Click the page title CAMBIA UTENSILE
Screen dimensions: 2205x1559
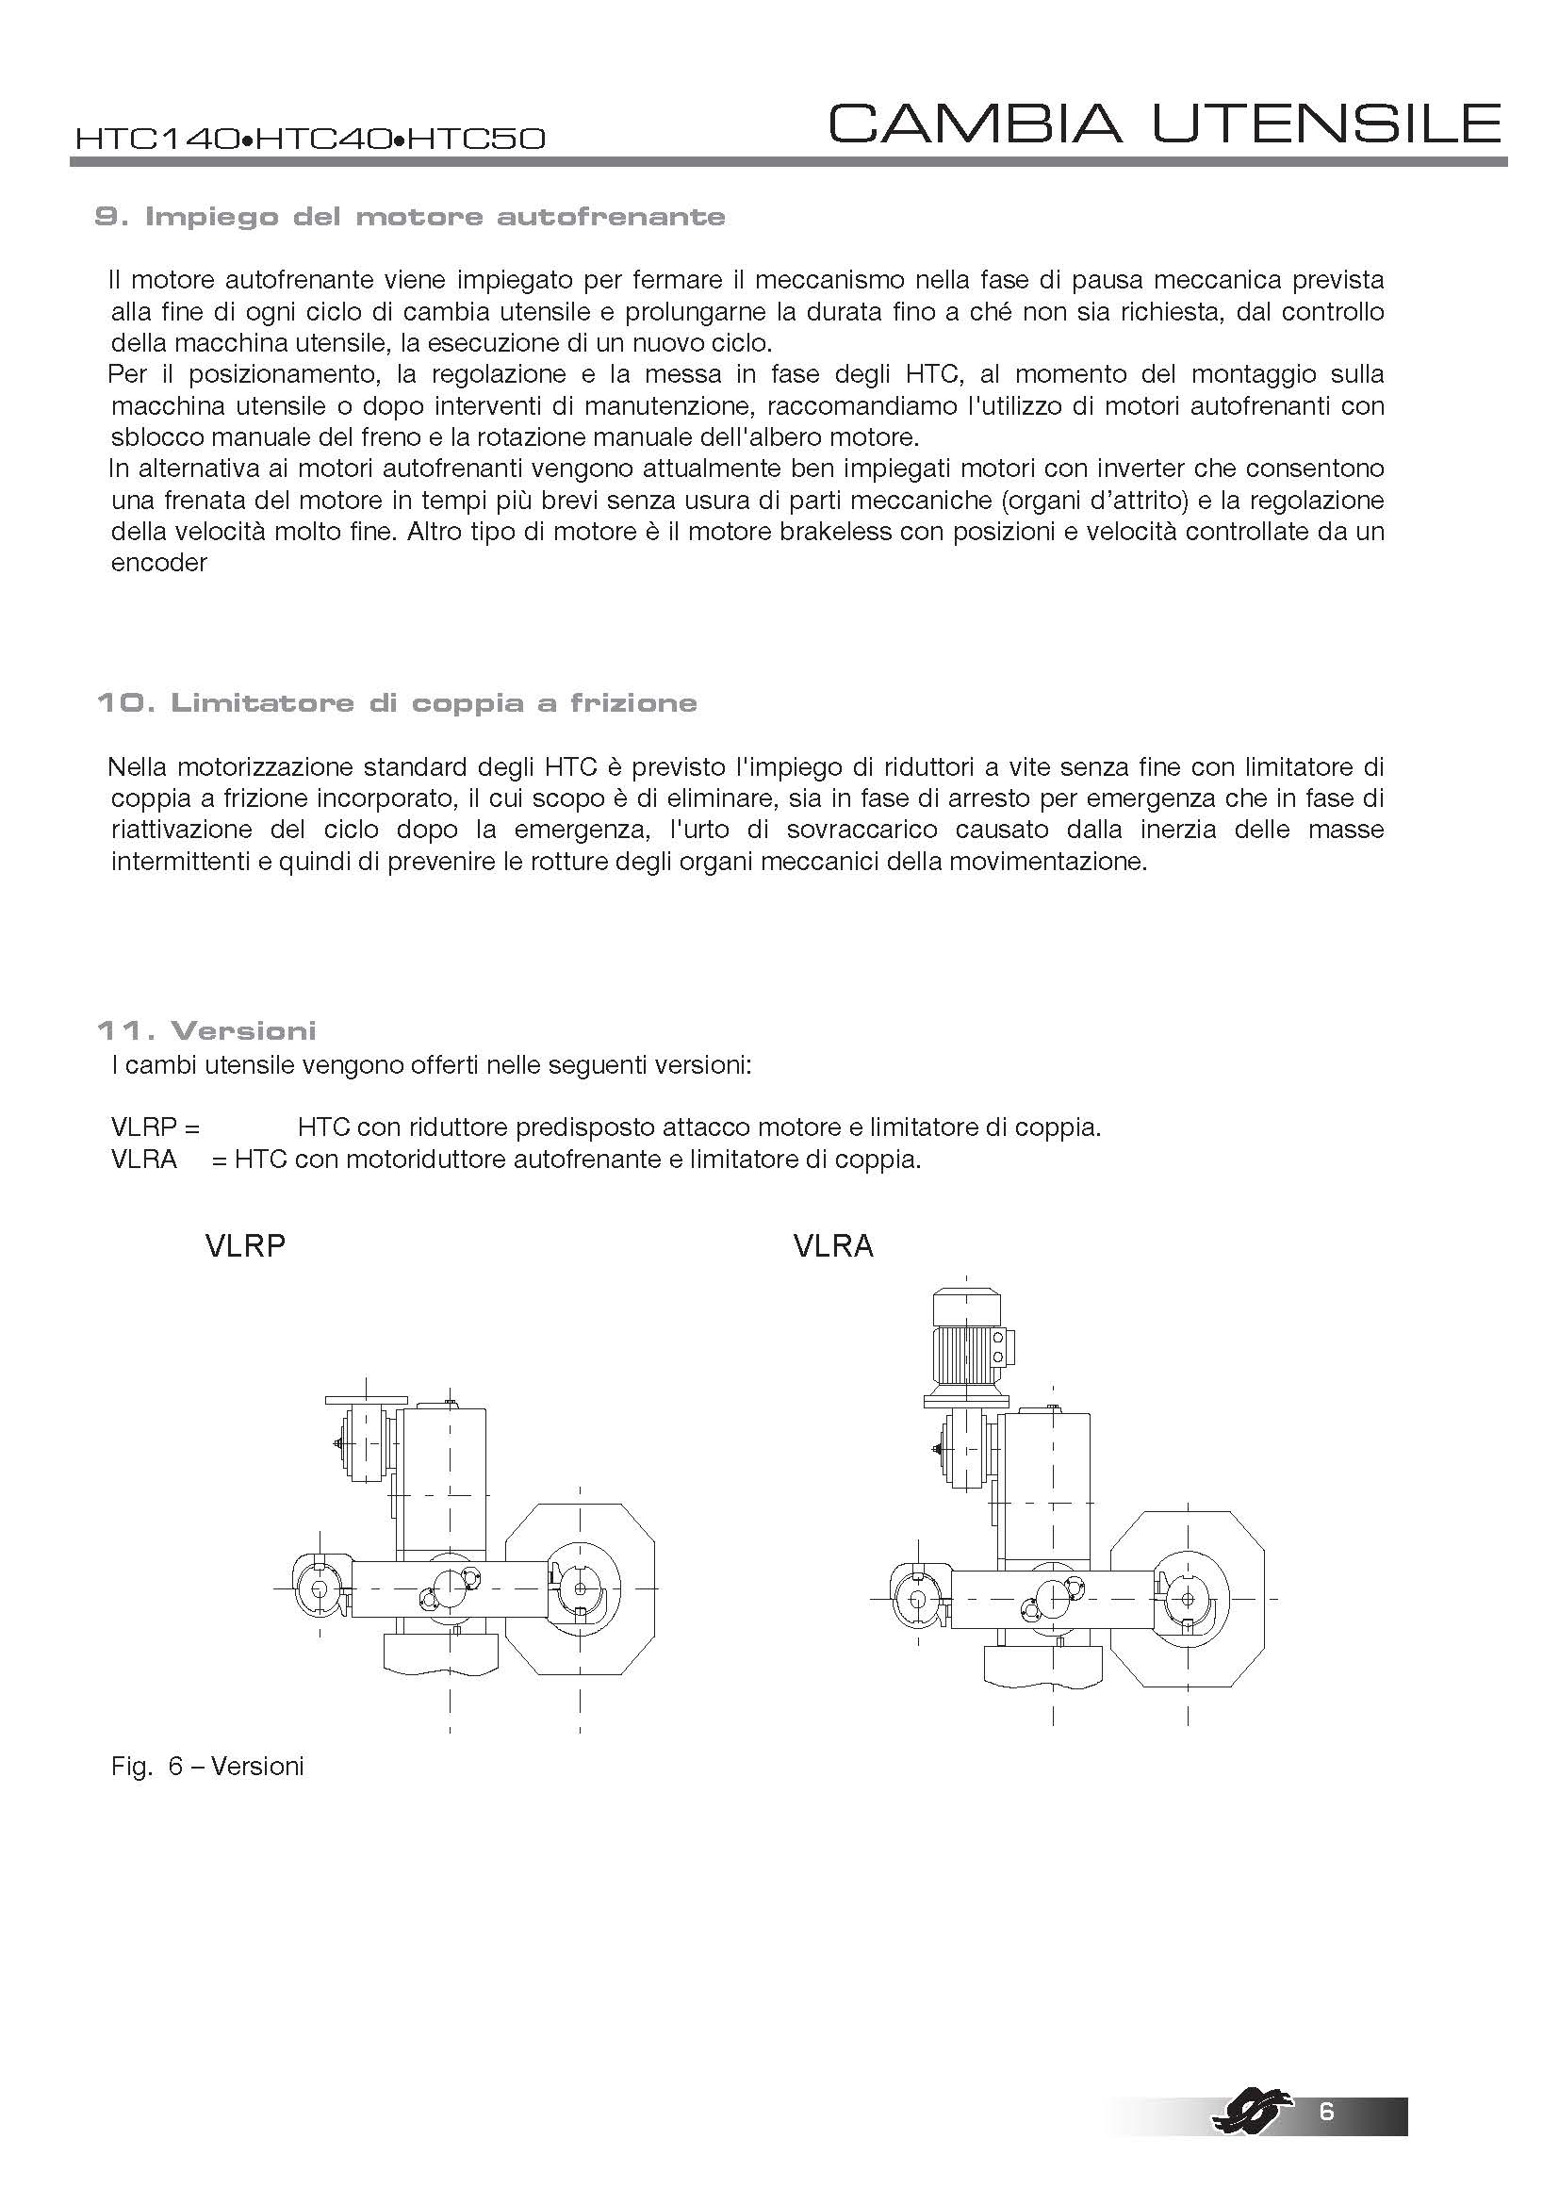click(1163, 123)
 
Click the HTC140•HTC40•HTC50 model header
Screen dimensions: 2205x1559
click(310, 140)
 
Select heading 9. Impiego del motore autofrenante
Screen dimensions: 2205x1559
click(410, 217)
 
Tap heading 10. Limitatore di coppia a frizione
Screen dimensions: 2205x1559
click(397, 703)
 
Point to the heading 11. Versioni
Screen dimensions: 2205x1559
click(206, 1030)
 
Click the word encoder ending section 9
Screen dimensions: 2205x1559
click(159, 563)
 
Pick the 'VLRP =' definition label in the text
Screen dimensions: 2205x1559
click(156, 1127)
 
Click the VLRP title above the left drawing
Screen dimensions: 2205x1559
click(246, 1246)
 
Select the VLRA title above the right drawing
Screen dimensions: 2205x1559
click(833, 1246)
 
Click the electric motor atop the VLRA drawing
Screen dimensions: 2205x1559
click(967, 1339)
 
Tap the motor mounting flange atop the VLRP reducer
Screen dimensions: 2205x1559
click(361, 1400)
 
